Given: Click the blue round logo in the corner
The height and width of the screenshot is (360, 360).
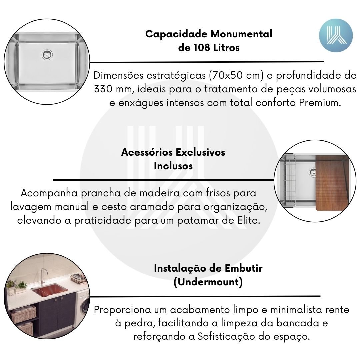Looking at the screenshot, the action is point(336,35).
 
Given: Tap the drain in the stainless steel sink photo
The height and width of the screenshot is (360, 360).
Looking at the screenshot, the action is point(47,55).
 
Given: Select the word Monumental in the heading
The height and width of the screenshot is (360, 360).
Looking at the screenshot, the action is point(241,34).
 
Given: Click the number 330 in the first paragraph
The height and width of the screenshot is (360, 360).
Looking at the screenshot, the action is point(103,89).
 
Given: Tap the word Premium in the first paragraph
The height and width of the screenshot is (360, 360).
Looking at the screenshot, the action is point(320,103).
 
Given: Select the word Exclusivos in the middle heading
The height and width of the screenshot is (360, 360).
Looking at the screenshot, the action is point(200,152).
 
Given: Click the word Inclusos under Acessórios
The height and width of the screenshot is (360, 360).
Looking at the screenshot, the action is point(173,166).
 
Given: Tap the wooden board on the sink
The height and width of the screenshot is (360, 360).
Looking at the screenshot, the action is point(332,183).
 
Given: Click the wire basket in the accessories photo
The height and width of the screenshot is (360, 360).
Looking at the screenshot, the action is point(290,180).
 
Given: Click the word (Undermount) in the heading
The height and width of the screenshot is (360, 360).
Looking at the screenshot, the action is point(208,282).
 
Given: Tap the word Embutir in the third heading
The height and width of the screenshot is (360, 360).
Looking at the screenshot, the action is point(243,268).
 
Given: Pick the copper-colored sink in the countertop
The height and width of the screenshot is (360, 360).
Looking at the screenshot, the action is point(49,290).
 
